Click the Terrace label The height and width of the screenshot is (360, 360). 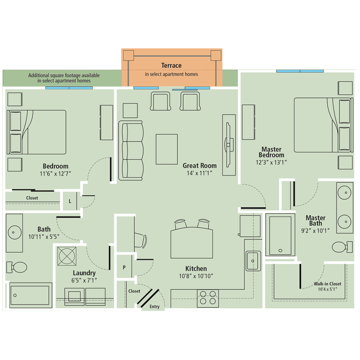click(x=171, y=66)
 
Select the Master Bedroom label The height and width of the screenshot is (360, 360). click(x=271, y=152)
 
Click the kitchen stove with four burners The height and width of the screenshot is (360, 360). click(x=208, y=298)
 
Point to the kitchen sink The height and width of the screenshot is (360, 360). click(x=253, y=260)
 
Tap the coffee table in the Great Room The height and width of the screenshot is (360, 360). click(x=167, y=149)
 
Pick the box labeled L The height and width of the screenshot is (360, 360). click(x=70, y=201)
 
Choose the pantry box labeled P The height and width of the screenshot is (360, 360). click(x=124, y=267)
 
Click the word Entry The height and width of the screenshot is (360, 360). click(x=155, y=307)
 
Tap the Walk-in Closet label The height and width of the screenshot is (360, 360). click(x=327, y=284)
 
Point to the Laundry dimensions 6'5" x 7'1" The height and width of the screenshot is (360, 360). click(x=84, y=280)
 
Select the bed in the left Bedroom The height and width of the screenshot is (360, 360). click(x=37, y=132)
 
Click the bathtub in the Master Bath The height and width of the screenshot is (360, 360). click(x=280, y=235)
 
